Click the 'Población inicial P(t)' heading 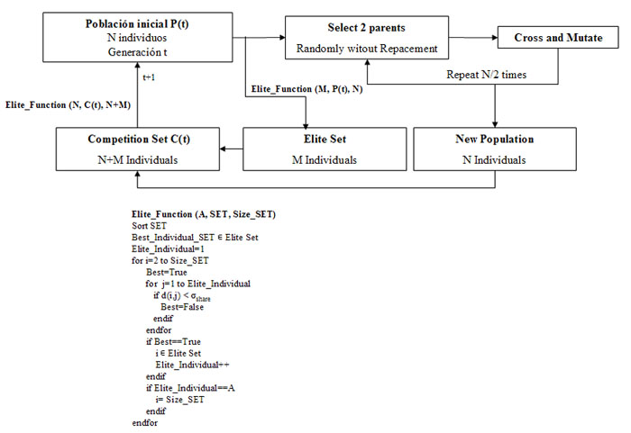pos(137,23)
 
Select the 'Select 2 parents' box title pos(366,28)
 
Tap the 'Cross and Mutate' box pos(558,38)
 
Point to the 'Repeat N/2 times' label pos(486,75)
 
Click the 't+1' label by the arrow pos(149,77)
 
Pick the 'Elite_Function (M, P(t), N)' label pos(306,89)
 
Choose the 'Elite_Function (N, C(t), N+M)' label pos(68,105)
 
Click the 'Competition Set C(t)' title pos(139,140)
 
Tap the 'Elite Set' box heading pos(325,140)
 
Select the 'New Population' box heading pos(495,140)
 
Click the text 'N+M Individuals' pos(138,160)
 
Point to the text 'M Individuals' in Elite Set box pos(325,160)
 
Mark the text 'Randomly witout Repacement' pos(367,49)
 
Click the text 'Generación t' pos(137,52)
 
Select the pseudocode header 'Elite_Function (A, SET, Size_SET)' pos(204,214)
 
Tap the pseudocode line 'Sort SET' pos(149,226)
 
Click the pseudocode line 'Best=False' pos(182,307)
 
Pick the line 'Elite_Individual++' pos(192,365)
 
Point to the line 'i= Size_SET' pos(180,400)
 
